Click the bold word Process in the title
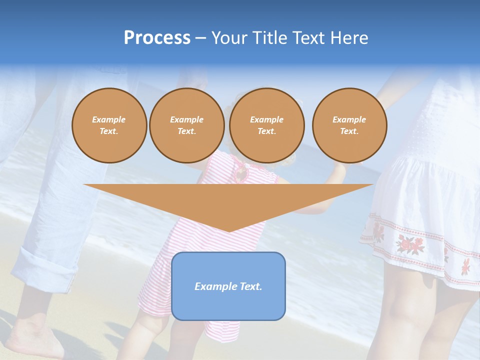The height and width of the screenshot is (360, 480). [x=157, y=38]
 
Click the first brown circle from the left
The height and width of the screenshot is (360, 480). [x=109, y=125]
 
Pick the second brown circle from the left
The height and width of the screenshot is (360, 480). [x=187, y=125]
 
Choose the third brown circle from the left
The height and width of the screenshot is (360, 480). [x=267, y=125]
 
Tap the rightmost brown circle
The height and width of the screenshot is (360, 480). [x=349, y=125]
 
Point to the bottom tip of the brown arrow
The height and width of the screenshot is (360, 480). [x=229, y=231]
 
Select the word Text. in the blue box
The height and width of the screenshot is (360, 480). [x=250, y=286]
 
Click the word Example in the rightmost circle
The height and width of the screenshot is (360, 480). [x=349, y=119]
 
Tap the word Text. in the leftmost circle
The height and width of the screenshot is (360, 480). [x=109, y=131]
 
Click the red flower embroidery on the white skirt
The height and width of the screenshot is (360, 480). [x=410, y=244]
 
